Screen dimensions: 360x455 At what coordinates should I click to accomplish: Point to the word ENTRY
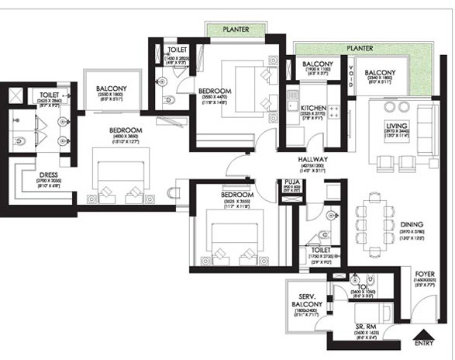tap(423, 342)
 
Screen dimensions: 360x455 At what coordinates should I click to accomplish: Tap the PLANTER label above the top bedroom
tap(236, 29)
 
